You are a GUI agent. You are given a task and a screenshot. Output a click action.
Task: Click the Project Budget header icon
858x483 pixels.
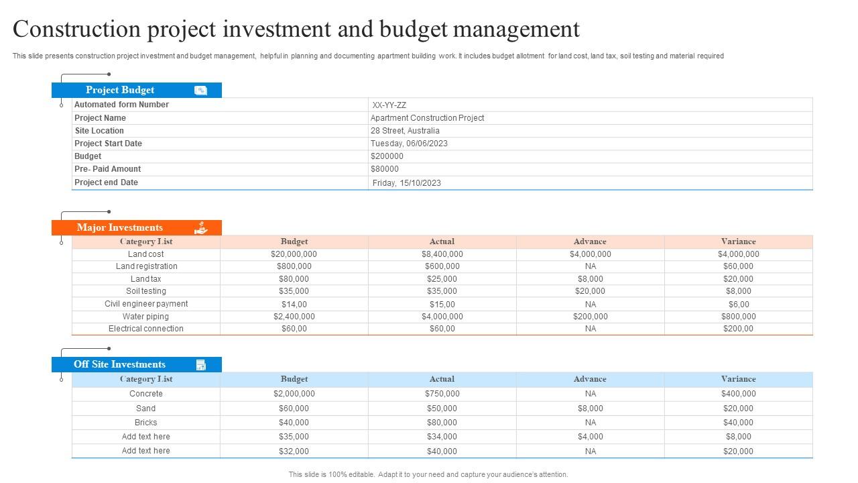[200, 91]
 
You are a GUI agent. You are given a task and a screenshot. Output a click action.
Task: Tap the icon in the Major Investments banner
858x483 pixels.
[200, 227]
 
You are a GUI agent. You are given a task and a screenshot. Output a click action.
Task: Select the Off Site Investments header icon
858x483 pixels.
[200, 365]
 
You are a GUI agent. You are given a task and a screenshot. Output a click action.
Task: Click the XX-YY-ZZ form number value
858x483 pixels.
[389, 105]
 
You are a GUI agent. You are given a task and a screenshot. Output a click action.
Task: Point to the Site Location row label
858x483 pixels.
[99, 131]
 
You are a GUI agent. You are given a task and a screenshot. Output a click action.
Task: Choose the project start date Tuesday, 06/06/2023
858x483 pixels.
[409, 144]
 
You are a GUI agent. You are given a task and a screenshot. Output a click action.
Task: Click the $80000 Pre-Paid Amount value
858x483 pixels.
[385, 169]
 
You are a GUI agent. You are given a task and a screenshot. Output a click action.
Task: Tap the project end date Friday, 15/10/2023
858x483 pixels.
[406, 183]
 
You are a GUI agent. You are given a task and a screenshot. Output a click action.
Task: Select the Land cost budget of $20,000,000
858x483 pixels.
[294, 254]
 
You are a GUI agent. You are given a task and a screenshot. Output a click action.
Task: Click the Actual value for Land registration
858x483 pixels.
[442, 266]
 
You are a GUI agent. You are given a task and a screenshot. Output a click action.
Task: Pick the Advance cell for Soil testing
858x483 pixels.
[590, 291]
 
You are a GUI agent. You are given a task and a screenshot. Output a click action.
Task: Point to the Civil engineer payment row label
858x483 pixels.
[146, 304]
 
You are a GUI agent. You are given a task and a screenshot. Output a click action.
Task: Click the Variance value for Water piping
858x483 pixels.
[739, 317]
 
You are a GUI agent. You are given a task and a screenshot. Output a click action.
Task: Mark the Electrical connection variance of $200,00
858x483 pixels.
[738, 329]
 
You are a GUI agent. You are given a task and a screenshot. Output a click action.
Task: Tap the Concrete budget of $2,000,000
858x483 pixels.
[294, 394]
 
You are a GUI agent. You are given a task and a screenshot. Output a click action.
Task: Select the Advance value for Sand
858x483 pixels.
[591, 409]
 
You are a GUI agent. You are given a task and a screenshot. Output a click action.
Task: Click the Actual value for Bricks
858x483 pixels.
[442, 423]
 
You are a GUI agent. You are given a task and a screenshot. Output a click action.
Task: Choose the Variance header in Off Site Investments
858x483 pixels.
[738, 379]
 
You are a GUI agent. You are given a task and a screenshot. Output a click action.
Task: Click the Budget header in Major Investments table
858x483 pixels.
[294, 241]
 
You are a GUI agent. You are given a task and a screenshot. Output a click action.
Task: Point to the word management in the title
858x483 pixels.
[516, 29]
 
